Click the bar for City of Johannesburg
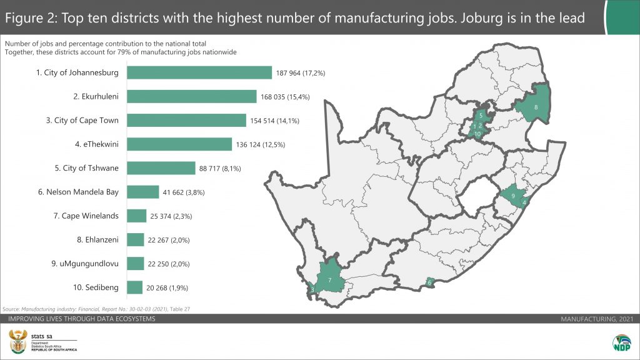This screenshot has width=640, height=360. tap(199, 72)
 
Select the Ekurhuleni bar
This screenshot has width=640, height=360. tap(191, 96)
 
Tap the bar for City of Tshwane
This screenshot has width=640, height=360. tap(161, 168)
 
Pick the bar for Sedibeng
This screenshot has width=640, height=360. tap(134, 287)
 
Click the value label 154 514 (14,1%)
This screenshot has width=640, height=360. tap(278, 121)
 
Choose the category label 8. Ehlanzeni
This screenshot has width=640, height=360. tap(91, 240)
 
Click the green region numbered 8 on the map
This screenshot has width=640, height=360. tap(534, 106)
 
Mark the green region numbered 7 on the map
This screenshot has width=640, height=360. tap(330, 279)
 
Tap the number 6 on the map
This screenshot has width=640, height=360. tap(429, 283)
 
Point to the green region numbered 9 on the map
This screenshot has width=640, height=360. tap(512, 196)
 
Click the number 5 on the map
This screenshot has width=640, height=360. tap(481, 116)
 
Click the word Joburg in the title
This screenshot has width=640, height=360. tap(479, 18)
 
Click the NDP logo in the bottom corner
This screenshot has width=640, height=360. tap(622, 344)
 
